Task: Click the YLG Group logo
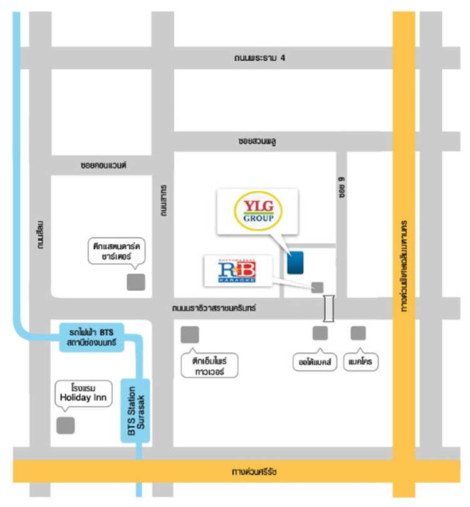258,211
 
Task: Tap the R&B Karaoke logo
238,271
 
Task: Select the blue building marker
296,261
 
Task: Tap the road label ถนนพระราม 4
260,58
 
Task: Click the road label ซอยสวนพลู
258,141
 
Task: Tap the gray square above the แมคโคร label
358,333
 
